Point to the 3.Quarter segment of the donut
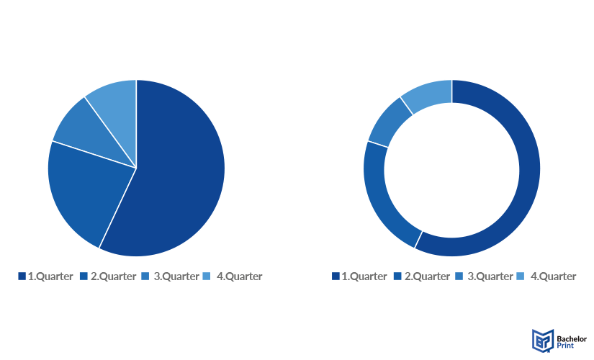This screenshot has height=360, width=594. pyautogui.click(x=389, y=121)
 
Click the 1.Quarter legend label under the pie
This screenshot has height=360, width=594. pyautogui.click(x=50, y=276)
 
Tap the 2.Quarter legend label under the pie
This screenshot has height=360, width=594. pyautogui.click(x=113, y=276)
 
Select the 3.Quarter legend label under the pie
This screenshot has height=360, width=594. pyautogui.click(x=176, y=276)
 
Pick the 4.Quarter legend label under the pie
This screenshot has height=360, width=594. pyautogui.click(x=240, y=276)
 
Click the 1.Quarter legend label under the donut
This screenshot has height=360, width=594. pyautogui.click(x=364, y=276)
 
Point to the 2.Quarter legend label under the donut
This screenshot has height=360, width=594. pyautogui.click(x=427, y=276)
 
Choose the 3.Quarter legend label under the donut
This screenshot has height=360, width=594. pyautogui.click(x=490, y=276)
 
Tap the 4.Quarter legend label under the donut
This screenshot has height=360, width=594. pyautogui.click(x=553, y=276)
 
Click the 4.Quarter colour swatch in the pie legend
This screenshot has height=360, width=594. pyautogui.click(x=207, y=276)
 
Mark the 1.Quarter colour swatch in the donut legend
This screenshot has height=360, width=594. pyautogui.click(x=336, y=276)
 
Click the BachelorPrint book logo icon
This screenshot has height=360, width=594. pyautogui.click(x=543, y=341)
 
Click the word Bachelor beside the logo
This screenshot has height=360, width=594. pyautogui.click(x=572, y=339)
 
